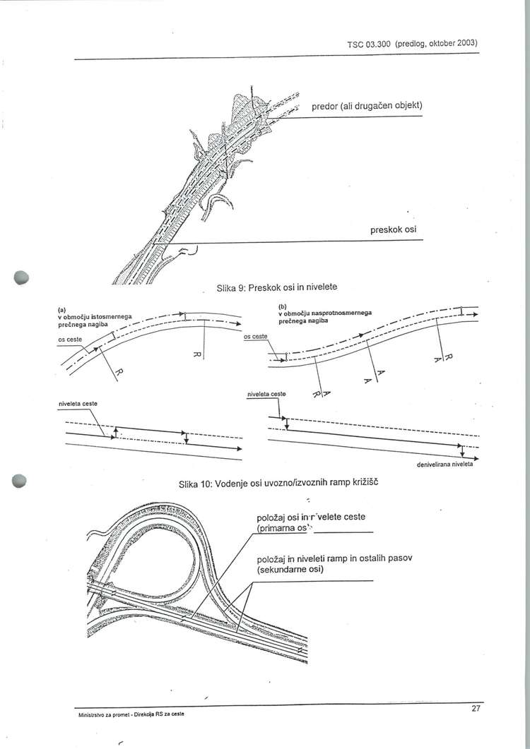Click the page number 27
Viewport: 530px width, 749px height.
476,708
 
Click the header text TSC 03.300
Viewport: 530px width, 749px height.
369,44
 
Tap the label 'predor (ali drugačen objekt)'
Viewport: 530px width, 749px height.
367,106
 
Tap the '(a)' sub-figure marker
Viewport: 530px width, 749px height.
61,308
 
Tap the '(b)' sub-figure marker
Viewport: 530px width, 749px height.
282,306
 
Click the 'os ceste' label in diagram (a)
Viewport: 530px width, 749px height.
69,340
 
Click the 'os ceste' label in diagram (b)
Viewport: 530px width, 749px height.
255,336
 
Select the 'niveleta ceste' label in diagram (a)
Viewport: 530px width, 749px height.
77,403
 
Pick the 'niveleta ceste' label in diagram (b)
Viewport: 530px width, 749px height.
266,393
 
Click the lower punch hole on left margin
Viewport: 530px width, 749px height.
20,480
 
